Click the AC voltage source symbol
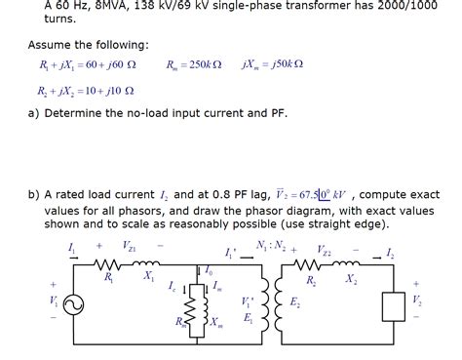click(71, 303)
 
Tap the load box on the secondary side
click(396, 305)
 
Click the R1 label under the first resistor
click(109, 278)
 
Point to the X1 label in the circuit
click(147, 277)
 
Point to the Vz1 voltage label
click(130, 246)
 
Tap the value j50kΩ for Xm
click(289, 64)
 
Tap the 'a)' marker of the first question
click(35, 114)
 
